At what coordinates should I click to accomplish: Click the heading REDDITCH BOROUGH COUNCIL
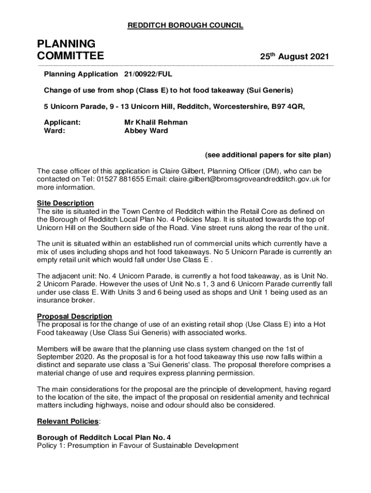tap(185, 26)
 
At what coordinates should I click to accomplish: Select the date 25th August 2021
tap(295, 57)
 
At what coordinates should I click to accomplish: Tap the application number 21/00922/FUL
tap(148, 74)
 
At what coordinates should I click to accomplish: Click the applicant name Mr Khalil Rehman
tap(156, 122)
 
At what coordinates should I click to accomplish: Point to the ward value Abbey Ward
tap(146, 130)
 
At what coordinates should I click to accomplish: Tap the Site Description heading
tap(65, 203)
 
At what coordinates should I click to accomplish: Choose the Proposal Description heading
tap(74, 316)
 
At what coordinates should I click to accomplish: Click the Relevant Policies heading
tap(67, 422)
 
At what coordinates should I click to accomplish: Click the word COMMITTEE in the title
tap(70, 56)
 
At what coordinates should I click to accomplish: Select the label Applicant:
tap(62, 122)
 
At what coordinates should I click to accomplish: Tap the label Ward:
tap(54, 130)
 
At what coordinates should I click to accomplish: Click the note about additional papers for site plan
tap(268, 155)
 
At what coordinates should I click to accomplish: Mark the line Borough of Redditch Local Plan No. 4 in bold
tap(104, 438)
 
